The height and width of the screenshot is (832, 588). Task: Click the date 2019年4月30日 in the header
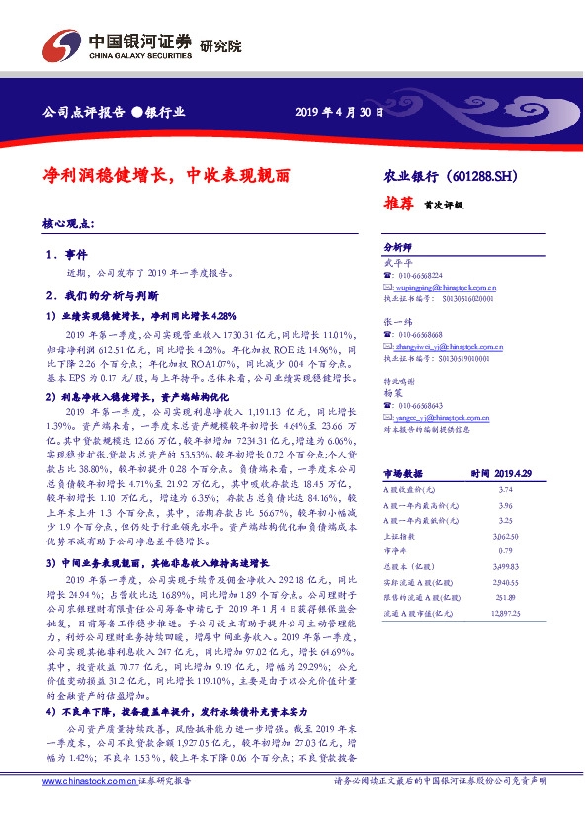click(339, 112)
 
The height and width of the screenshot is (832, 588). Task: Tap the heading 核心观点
click(74, 224)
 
